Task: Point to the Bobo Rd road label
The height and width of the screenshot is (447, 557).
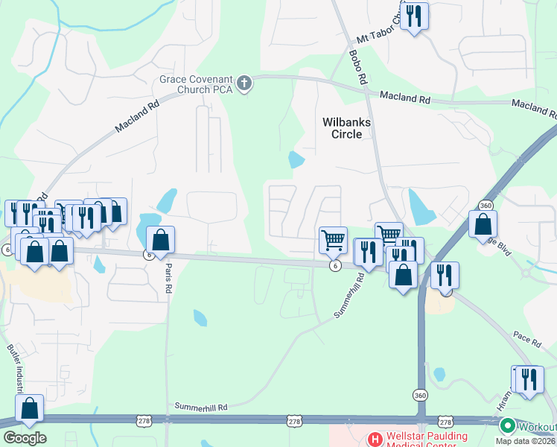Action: click(358, 67)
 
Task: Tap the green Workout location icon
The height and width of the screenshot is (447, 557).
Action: click(508, 427)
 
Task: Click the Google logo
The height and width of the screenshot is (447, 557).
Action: click(25, 438)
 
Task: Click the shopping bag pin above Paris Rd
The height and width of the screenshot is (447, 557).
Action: click(160, 240)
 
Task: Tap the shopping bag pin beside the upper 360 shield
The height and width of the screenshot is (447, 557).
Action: click(483, 223)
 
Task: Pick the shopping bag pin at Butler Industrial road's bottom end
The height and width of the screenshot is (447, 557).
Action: click(30, 408)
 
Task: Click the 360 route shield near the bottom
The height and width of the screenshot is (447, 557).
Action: click(421, 395)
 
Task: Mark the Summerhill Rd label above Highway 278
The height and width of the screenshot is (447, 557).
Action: click(200, 408)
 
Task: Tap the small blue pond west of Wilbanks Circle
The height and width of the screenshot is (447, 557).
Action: click(296, 159)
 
